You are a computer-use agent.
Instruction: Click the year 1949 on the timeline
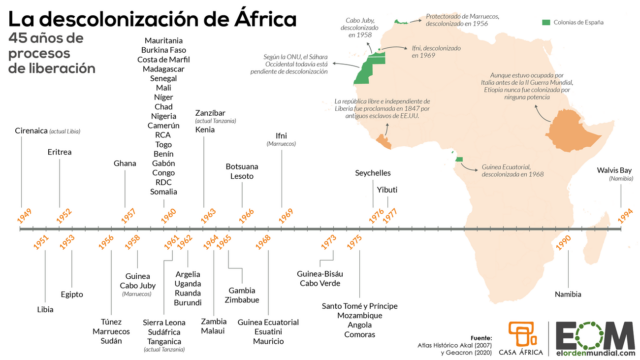[x=24, y=213]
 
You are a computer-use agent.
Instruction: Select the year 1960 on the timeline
[x=169, y=213]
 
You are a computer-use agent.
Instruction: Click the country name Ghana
[x=125, y=162]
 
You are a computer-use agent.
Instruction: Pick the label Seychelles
[x=373, y=172]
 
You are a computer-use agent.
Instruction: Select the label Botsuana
[x=243, y=166]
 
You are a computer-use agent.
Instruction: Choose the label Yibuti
[x=388, y=189]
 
